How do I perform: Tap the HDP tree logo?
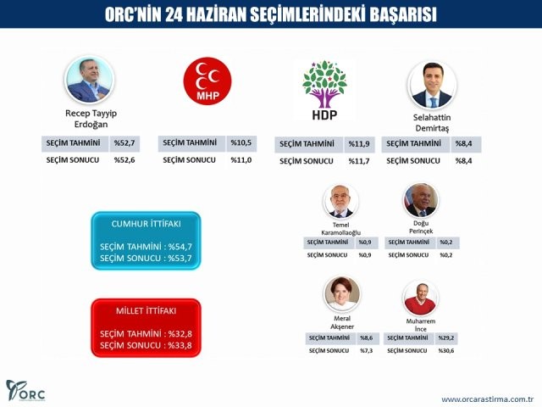324,87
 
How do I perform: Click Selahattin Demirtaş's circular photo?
432,84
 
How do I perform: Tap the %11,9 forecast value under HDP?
359,144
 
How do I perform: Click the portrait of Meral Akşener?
342,294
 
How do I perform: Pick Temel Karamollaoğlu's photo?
341,201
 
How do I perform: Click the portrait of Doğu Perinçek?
421,200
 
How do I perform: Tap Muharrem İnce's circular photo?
421,298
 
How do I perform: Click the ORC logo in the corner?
25,391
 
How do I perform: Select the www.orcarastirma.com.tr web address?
486,399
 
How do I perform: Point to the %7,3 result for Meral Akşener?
366,350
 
